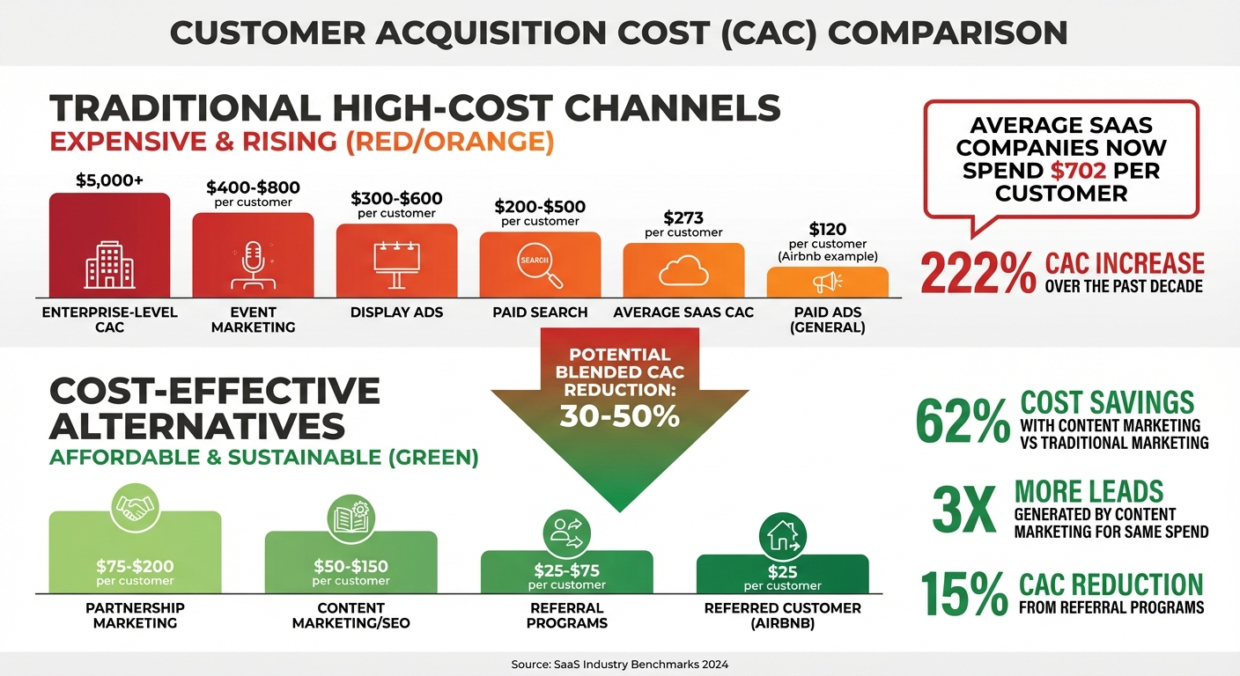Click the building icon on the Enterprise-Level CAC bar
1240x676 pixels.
(109, 265)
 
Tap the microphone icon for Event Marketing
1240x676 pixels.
(253, 266)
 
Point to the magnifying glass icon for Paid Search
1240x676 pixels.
(540, 266)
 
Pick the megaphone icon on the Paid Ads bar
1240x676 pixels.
(827, 282)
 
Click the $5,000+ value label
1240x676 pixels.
(109, 180)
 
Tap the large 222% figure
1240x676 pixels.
(978, 274)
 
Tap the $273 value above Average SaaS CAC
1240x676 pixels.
(683, 217)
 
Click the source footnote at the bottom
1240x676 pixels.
(619, 665)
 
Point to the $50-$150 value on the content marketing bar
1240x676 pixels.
(351, 567)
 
